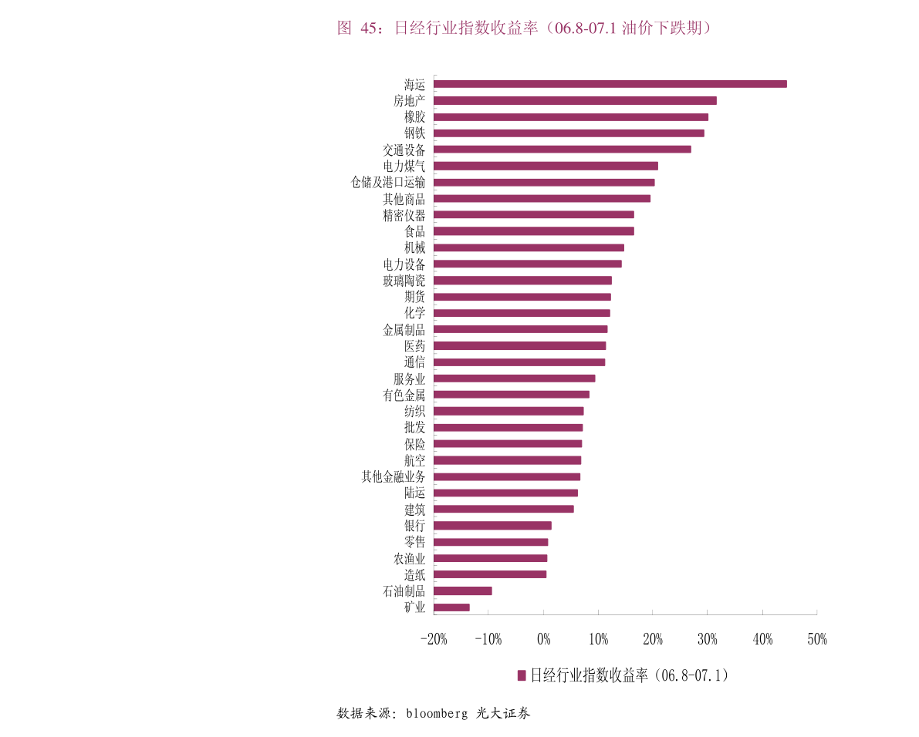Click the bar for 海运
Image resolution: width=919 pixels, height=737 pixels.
click(610, 84)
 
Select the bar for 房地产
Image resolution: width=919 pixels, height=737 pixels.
click(575, 100)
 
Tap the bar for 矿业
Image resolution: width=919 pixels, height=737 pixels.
click(451, 607)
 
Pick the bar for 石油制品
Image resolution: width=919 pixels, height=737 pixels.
click(463, 591)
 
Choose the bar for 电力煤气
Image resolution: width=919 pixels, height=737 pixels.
click(546, 166)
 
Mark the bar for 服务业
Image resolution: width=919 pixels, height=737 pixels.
click(514, 379)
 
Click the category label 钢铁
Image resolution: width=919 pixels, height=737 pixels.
click(414, 133)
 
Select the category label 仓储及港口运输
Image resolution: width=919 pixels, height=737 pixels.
click(387, 182)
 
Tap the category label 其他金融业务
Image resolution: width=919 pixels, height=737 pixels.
click(393, 476)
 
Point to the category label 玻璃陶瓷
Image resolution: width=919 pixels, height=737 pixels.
click(404, 281)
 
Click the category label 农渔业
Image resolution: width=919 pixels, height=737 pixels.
click(409, 558)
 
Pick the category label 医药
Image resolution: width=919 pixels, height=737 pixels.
click(414, 346)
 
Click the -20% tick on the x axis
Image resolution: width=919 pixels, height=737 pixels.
click(434, 639)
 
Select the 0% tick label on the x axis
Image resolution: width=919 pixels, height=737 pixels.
click(543, 639)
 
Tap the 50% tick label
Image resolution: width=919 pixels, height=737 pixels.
click(816, 639)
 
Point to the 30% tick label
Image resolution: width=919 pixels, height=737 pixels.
click(707, 639)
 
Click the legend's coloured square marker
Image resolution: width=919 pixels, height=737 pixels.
click(522, 675)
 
